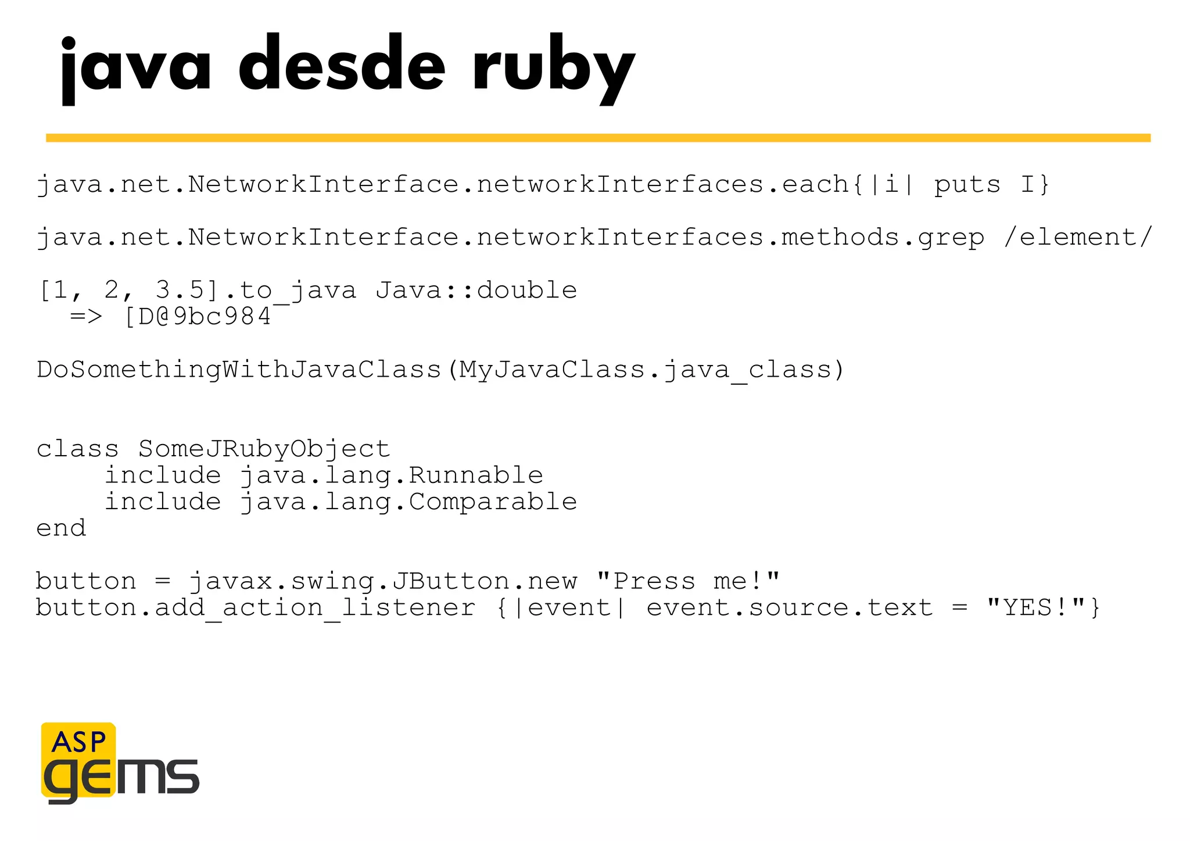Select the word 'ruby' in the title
tap(553, 67)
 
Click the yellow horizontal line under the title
tap(598, 138)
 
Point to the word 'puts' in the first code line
tap(967, 185)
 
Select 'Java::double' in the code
tap(476, 290)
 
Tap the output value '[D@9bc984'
tap(198, 317)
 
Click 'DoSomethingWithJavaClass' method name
tap(239, 370)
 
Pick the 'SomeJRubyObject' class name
tap(264, 449)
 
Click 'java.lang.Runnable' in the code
tap(391, 475)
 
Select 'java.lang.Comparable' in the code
tap(408, 502)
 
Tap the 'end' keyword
tap(61, 528)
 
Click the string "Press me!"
tap(688, 581)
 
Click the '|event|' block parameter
tap(569, 608)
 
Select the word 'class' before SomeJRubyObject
tap(77, 449)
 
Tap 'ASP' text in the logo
tap(78, 742)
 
